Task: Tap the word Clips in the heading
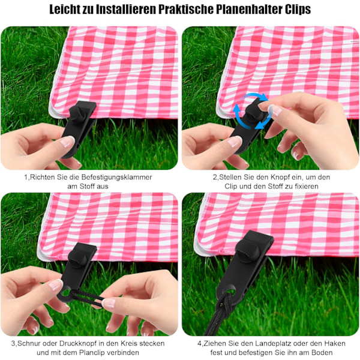point(298,9)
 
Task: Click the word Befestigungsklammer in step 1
point(116,177)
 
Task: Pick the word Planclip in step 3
point(92,352)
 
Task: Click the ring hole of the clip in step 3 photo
point(65,293)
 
